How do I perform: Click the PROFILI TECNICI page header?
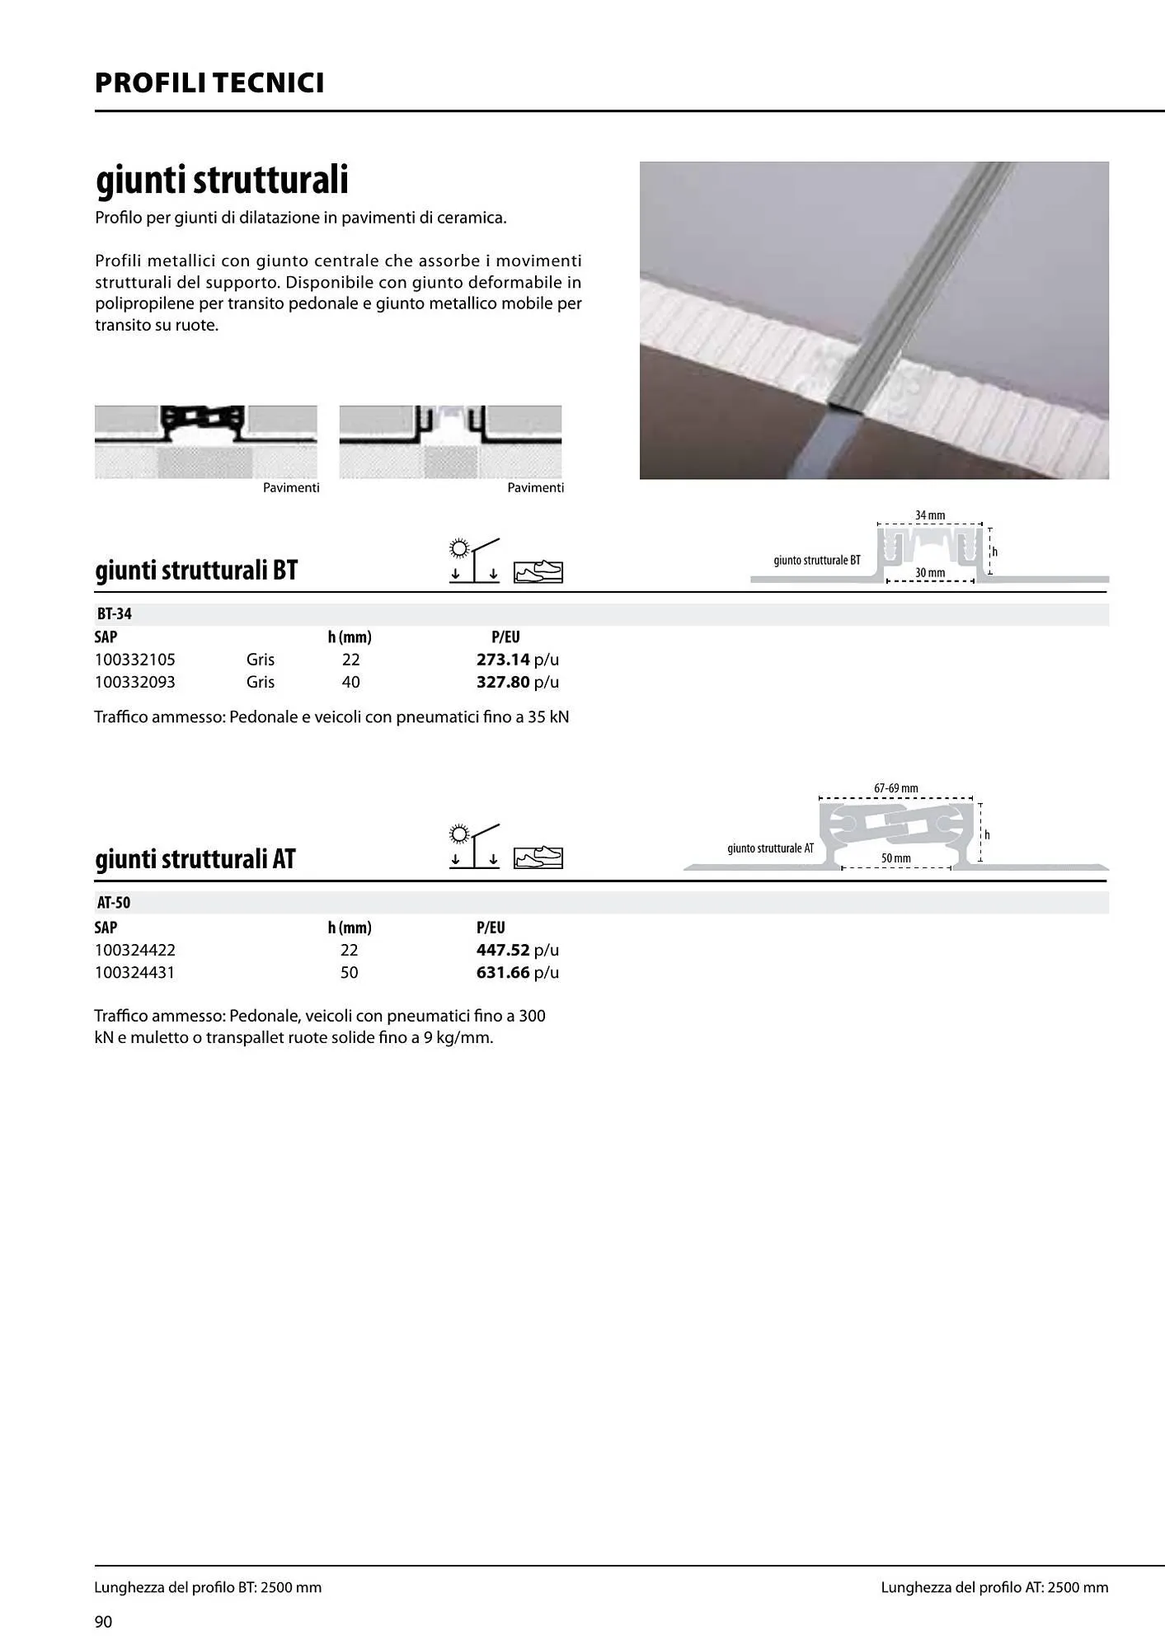[209, 83]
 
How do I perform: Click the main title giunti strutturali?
[222, 180]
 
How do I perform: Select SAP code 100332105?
[135, 660]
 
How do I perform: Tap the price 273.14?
[503, 660]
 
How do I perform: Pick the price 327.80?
[503, 682]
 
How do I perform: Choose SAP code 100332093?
[135, 682]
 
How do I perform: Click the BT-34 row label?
[115, 614]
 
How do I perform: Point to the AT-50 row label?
[114, 903]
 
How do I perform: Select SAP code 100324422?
[135, 950]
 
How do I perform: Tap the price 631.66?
[503, 972]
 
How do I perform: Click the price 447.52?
[503, 950]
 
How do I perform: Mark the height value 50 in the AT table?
[350, 972]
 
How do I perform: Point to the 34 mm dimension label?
[930, 515]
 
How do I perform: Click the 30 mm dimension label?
[930, 572]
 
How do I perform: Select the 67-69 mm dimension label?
[896, 788]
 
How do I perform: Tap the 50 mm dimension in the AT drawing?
[896, 858]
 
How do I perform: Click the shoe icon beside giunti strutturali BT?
[538, 571]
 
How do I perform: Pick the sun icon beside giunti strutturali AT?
[459, 834]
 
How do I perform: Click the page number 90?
[104, 1622]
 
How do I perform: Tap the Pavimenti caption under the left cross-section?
[291, 488]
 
